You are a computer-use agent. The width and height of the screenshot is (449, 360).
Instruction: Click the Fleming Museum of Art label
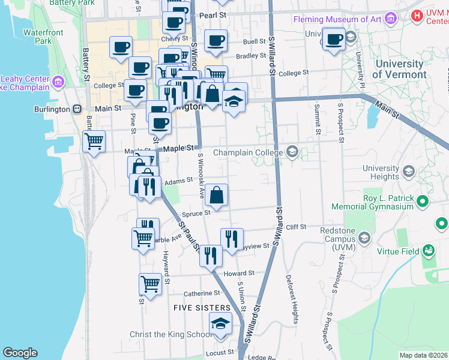tap(337, 19)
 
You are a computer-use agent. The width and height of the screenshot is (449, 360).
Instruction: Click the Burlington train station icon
tap(77, 109)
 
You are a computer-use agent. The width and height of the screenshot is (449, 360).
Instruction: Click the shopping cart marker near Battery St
tap(94, 142)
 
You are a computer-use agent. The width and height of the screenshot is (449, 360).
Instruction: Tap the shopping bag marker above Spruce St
tap(217, 195)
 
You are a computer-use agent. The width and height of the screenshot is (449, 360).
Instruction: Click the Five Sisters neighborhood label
tap(201, 307)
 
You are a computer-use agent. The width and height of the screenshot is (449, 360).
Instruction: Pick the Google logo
tap(20, 353)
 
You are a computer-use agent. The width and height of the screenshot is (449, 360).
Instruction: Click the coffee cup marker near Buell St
tap(216, 41)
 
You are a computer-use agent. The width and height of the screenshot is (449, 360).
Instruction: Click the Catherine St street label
tap(202, 293)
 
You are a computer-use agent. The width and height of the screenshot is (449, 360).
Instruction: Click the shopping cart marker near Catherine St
tap(150, 284)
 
